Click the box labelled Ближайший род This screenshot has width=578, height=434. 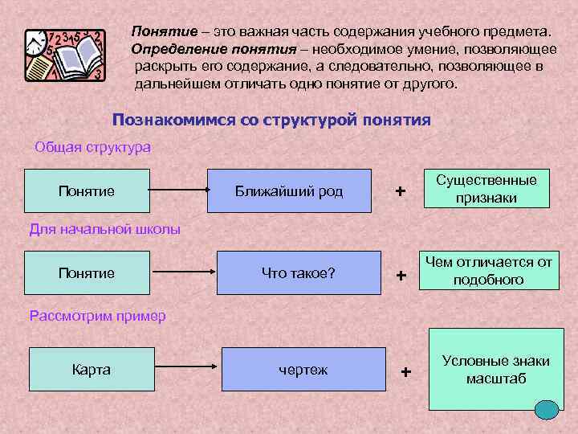click(289, 190)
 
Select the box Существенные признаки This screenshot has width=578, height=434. click(486, 189)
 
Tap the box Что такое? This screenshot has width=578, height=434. click(299, 272)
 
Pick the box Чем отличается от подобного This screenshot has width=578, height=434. click(488, 271)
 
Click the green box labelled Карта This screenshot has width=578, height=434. click(92, 370)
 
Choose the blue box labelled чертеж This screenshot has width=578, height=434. click(303, 370)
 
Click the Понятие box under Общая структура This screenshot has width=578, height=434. click(87, 190)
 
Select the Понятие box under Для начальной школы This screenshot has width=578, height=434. click(87, 272)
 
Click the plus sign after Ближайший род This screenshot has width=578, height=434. click(401, 192)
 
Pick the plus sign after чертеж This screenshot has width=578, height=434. click(405, 371)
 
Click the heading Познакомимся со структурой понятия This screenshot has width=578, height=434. click(271, 121)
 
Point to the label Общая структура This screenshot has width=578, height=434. click(93, 148)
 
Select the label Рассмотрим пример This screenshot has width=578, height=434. click(97, 315)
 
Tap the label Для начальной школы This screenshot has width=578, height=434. click(104, 229)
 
